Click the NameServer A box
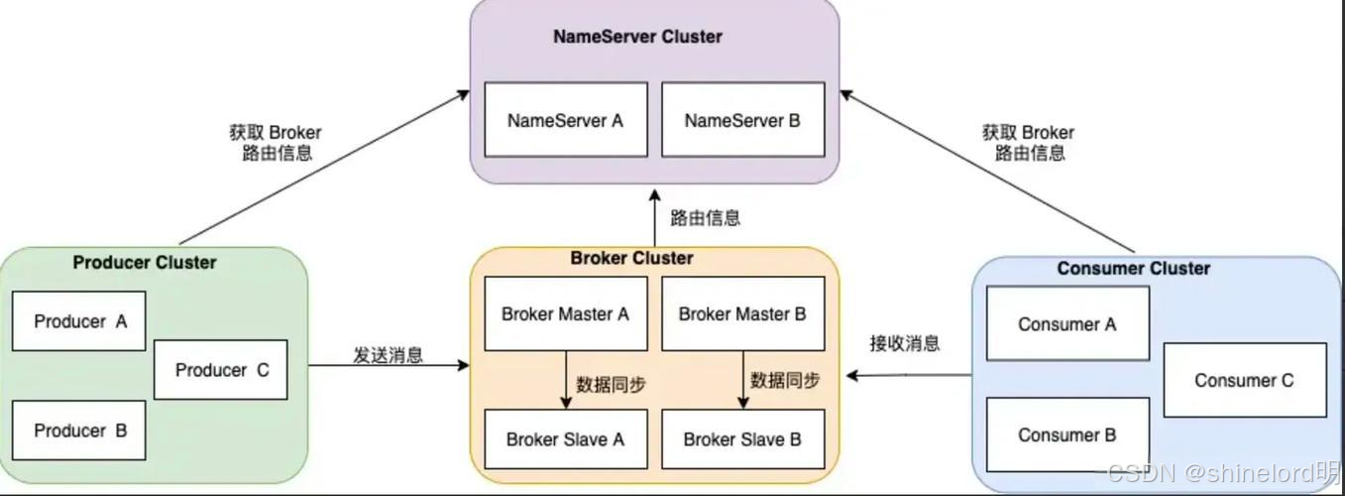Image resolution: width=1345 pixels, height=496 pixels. coord(565,120)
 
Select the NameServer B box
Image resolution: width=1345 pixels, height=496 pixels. coord(742,120)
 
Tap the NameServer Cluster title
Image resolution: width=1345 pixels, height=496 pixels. coord(637,37)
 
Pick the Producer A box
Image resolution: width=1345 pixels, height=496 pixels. coord(78,321)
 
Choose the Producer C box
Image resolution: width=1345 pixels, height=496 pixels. coord(221,370)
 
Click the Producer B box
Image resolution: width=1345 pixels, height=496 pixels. coord(78,431)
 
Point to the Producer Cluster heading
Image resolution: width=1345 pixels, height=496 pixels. coord(145,263)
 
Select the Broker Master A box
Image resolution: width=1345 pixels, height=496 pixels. coord(565,313)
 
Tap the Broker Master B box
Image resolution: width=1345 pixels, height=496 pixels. coord(742,313)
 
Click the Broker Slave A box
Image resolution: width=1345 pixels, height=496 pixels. coord(565,438)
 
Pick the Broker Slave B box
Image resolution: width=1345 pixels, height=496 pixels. coord(742,438)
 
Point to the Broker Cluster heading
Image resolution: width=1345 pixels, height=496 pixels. coord(631,258)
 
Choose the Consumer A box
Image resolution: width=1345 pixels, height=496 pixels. coord(1066,323)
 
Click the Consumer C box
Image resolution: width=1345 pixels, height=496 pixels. coord(1244,380)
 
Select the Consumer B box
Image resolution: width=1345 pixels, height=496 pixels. coord(1066,434)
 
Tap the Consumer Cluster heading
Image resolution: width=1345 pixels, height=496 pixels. coord(1133,268)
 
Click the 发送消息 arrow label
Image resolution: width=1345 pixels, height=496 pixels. coord(388,354)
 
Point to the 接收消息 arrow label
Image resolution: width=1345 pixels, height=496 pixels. coord(904,343)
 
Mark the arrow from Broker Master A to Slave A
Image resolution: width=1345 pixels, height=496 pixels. coord(566,380)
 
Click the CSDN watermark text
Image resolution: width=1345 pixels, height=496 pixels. coord(1224,473)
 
